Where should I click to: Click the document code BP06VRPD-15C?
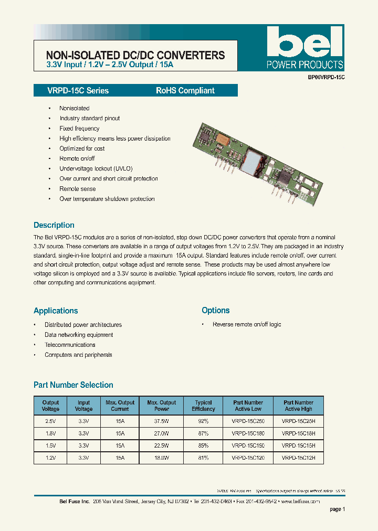(x=326, y=77)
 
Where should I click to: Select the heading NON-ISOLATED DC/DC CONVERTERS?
(x=135, y=55)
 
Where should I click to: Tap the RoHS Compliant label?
(x=185, y=90)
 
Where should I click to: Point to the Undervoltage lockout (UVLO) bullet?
(x=96, y=168)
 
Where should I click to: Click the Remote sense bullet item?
(x=78, y=188)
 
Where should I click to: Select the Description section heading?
(x=54, y=225)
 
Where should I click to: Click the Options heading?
(x=216, y=310)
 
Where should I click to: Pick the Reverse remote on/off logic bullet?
(x=247, y=324)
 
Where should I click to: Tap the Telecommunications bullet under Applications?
(x=70, y=345)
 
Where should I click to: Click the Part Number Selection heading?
(x=73, y=385)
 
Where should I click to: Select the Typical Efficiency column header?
(x=203, y=406)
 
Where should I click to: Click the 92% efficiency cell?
(x=203, y=421)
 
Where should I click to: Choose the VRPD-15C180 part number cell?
(x=247, y=433)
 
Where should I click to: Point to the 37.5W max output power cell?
(x=162, y=421)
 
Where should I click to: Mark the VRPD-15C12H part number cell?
(x=298, y=458)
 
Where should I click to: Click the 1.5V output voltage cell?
(x=50, y=445)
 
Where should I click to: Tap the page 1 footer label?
(x=338, y=509)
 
